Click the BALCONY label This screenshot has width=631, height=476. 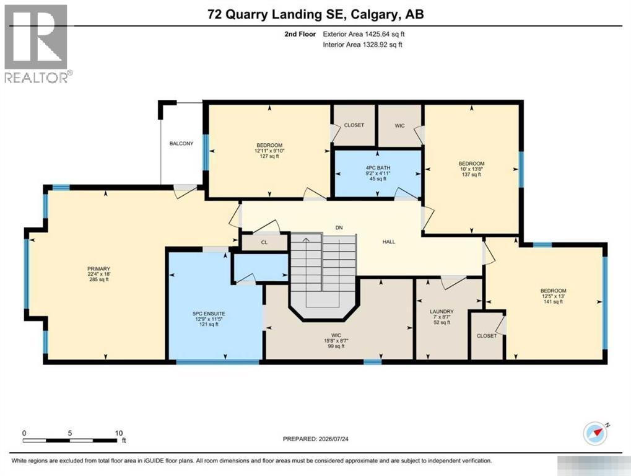[x=181, y=143]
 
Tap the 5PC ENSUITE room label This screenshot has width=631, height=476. [x=209, y=314]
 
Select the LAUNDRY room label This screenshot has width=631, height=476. [x=442, y=312]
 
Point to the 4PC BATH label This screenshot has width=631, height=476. [x=378, y=168]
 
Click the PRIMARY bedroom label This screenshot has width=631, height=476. [x=98, y=269]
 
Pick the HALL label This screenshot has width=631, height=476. [x=389, y=242]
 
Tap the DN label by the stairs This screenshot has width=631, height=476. [x=339, y=228]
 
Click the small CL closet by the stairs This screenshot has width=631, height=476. [x=264, y=242]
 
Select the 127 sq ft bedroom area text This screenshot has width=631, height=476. [x=269, y=156]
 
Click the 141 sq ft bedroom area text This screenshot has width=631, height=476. [x=553, y=302]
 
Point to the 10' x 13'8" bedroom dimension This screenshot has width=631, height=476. [x=471, y=169]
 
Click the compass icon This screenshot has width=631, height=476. [x=596, y=433]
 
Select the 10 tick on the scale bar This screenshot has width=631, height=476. [x=119, y=433]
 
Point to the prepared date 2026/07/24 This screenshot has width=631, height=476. [x=333, y=439]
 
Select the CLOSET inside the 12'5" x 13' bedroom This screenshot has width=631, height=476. [x=487, y=336]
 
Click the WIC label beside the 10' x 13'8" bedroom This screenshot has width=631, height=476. [x=399, y=126]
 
